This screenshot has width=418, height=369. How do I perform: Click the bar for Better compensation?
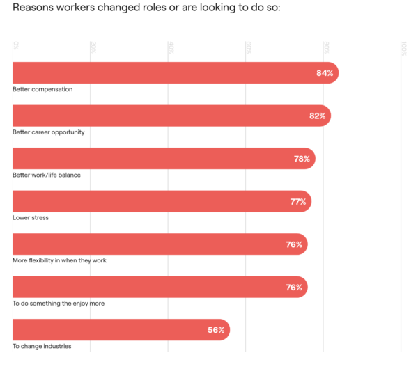pyautogui.click(x=174, y=73)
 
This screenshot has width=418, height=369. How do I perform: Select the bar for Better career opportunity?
pyautogui.click(x=171, y=116)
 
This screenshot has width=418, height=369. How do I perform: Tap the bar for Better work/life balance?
pyautogui.click(x=164, y=159)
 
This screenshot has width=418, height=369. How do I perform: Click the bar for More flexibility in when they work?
pyautogui.click(x=160, y=244)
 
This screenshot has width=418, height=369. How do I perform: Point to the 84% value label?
pyautogui.click(x=325, y=73)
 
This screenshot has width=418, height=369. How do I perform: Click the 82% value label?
pyautogui.click(x=317, y=116)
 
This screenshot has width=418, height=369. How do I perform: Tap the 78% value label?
pyautogui.click(x=302, y=159)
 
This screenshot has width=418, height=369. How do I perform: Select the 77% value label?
pyautogui.click(x=298, y=202)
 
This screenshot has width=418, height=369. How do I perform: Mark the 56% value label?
pyautogui.click(x=216, y=330)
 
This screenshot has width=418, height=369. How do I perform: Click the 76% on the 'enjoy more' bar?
pyautogui.click(x=294, y=288)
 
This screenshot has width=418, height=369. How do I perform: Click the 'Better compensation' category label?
pyautogui.click(x=42, y=89)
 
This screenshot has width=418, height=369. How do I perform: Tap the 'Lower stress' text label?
pyautogui.click(x=31, y=217)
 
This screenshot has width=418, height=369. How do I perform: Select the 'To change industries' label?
pyautogui.click(x=42, y=346)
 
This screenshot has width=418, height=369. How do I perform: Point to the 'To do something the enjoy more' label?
pyautogui.click(x=59, y=303)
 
